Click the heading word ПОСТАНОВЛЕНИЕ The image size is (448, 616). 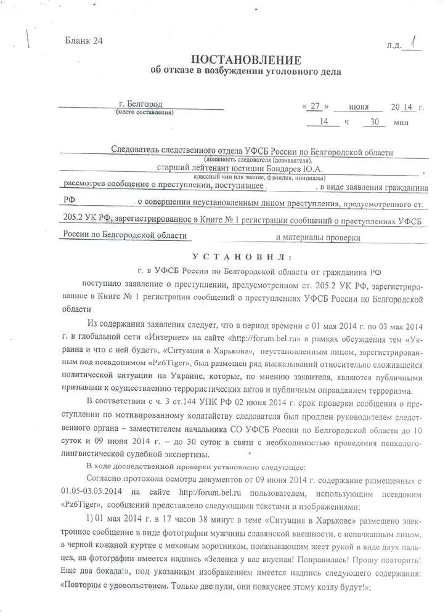click(246, 60)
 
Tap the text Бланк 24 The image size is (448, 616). click(84, 41)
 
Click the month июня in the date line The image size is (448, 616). click(359, 107)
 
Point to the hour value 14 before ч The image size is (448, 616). click(323, 121)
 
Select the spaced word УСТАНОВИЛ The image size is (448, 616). click(244, 257)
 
